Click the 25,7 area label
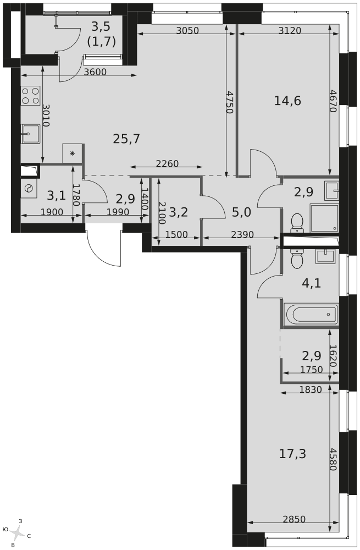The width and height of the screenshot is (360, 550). tap(126, 139)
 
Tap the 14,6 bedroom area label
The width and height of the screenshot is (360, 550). tap(287, 101)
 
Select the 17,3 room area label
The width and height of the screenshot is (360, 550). tap(292, 454)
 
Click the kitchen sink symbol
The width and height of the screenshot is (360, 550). tap(31, 134)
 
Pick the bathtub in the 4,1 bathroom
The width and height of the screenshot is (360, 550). tap(311, 315)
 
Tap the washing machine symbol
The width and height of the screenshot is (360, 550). tap(29, 189)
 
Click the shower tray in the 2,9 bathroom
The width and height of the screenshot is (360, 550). tap(324, 218)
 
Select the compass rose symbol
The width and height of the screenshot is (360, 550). tap(16, 533)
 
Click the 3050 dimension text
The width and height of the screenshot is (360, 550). tap(187, 30)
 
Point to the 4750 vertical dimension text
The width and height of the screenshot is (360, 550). tap(230, 102)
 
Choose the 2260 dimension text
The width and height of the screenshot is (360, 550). tap(167, 163)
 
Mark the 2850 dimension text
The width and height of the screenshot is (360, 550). tap(294, 519)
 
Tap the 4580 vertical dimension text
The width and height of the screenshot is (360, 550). tap(333, 459)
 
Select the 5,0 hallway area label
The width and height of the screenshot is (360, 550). tap(242, 212)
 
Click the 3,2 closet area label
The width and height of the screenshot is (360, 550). tap(179, 212)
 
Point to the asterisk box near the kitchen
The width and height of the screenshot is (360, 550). tap(73, 153)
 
